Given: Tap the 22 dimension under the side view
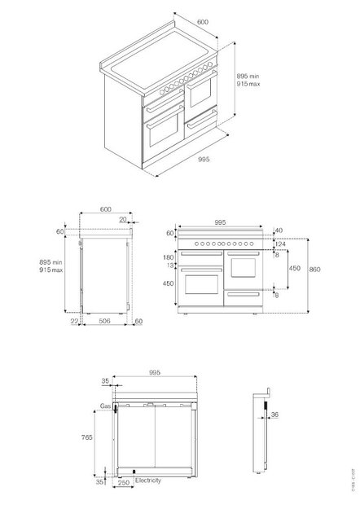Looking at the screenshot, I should [x=73, y=322].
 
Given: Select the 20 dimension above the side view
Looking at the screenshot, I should [x=122, y=218].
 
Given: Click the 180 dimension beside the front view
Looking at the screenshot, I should [x=167, y=257].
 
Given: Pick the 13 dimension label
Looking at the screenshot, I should [x=169, y=265].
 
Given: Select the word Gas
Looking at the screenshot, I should [x=106, y=405].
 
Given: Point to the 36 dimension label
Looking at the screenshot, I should [x=274, y=415].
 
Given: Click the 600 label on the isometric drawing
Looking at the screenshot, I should [x=202, y=22].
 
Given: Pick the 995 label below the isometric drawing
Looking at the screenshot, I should [x=204, y=160].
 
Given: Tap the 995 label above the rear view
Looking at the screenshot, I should [x=155, y=371].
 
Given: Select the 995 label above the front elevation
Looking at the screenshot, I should [x=219, y=220].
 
